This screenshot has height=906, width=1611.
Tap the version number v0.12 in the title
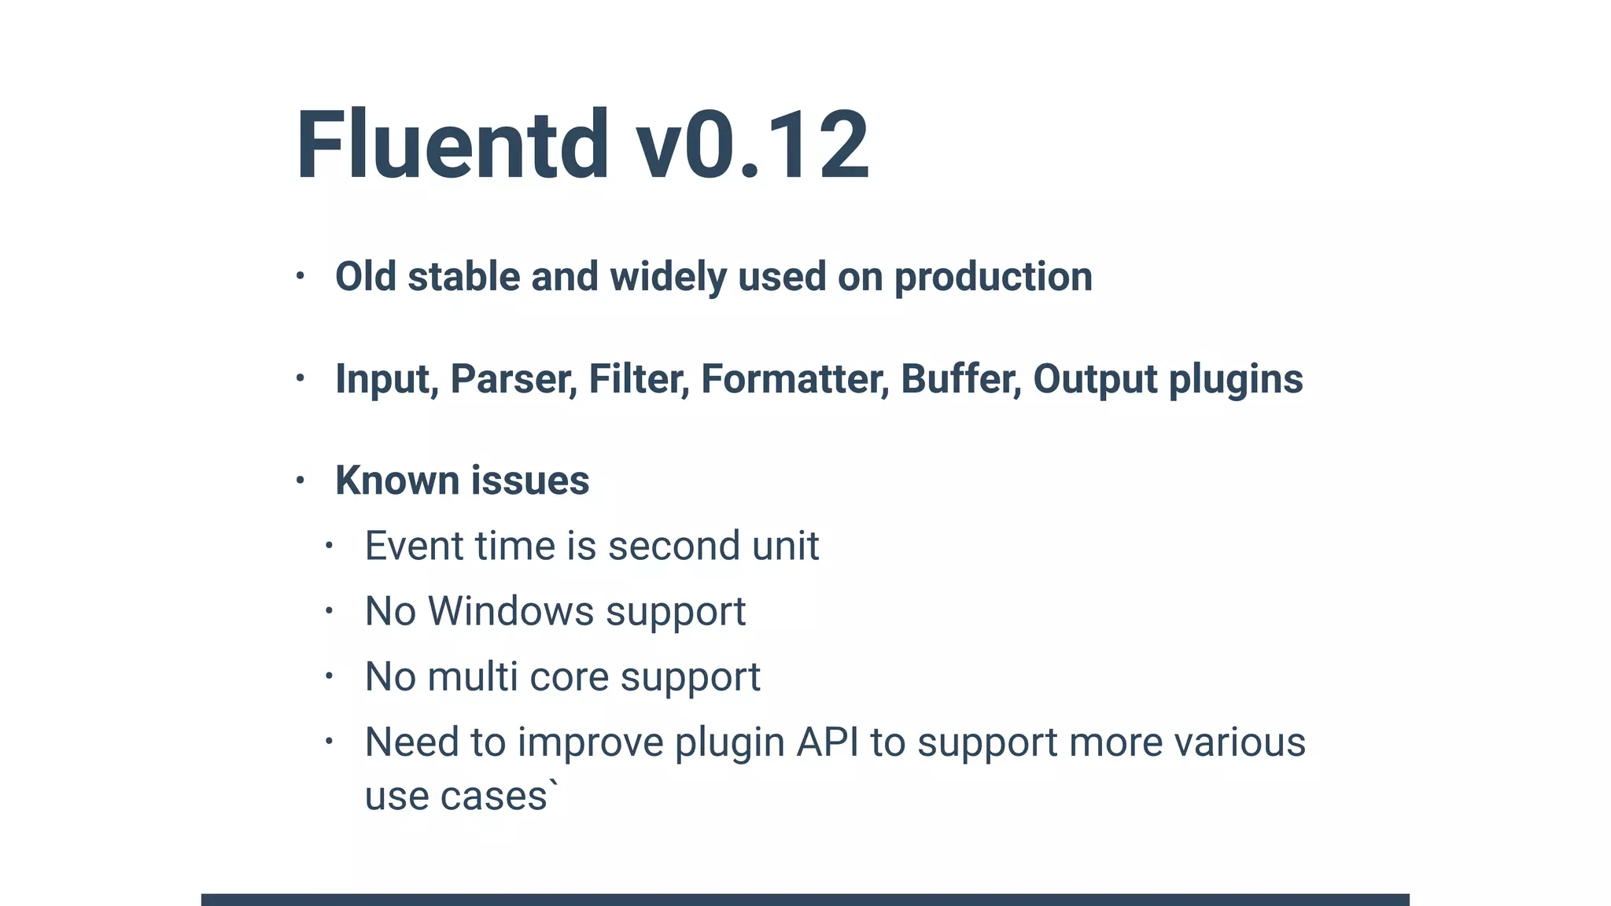[752, 146]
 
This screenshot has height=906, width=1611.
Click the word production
[993, 277]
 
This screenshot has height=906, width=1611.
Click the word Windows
[511, 611]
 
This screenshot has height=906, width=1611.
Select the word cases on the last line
[493, 796]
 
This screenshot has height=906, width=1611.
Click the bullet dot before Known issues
[300, 480]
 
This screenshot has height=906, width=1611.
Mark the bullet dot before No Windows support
[329, 610]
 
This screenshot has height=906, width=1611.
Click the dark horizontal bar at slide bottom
[805, 899]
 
